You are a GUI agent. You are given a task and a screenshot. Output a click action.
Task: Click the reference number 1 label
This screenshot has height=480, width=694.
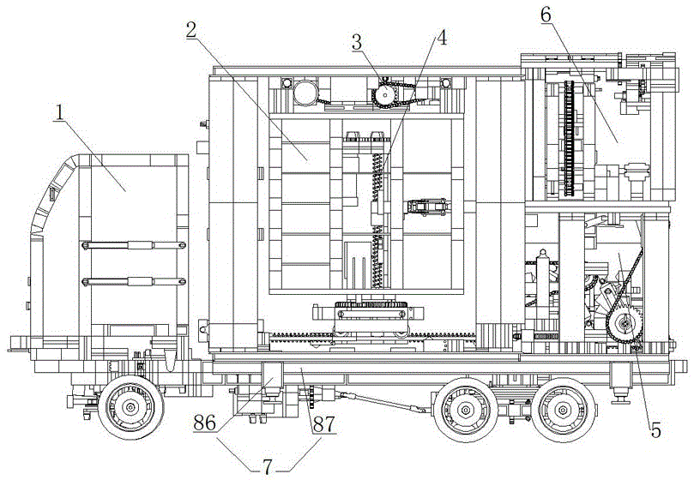(59, 113)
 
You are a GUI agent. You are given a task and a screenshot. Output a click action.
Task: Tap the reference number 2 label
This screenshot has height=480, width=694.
(191, 30)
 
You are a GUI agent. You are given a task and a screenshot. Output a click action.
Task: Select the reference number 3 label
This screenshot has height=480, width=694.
(357, 43)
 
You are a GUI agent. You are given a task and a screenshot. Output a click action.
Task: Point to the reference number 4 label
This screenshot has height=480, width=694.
(441, 38)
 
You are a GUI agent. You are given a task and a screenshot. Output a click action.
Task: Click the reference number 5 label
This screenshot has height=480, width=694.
(655, 429)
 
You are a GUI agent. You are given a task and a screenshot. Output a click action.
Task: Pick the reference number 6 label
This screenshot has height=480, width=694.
(546, 15)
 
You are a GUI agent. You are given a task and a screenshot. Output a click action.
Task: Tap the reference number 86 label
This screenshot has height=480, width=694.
(205, 423)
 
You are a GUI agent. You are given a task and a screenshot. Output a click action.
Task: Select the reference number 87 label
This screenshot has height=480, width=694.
(324, 424)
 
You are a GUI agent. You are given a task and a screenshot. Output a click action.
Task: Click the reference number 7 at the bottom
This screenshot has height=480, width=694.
(267, 467)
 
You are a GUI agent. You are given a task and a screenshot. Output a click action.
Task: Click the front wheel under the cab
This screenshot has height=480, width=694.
(130, 407)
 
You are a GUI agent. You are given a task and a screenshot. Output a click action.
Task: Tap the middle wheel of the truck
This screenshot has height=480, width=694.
(466, 410)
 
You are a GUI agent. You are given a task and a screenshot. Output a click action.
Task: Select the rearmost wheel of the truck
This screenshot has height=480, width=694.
(563, 410)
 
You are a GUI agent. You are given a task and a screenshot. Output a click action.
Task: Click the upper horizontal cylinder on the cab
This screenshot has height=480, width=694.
(133, 244)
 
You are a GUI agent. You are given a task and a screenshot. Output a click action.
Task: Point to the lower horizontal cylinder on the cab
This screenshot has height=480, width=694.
(133, 281)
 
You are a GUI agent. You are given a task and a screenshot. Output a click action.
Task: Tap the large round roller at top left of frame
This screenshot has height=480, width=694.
(305, 93)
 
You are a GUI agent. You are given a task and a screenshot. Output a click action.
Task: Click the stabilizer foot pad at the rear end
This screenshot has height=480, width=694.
(621, 400)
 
